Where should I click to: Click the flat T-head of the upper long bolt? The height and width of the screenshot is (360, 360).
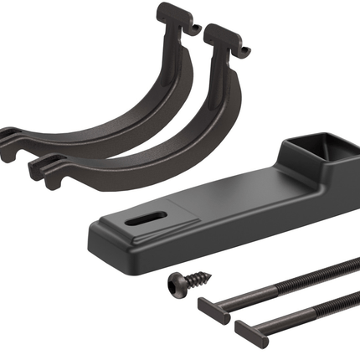208,306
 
